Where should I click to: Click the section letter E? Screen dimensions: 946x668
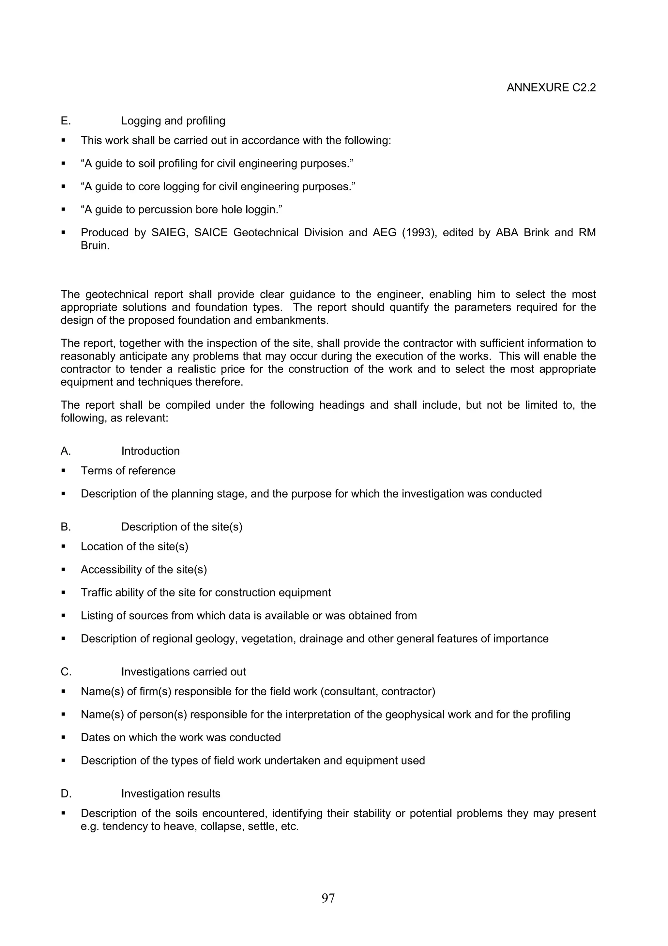coord(66,121)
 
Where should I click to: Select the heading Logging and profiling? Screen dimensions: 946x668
coord(173,121)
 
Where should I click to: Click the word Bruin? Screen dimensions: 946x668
coord(95,246)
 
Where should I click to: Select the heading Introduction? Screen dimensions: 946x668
coord(150,451)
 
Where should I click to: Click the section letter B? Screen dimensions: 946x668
coord(66,527)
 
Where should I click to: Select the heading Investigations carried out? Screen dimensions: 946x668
coord(183,672)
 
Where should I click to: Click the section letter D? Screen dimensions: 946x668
coord(66,794)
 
